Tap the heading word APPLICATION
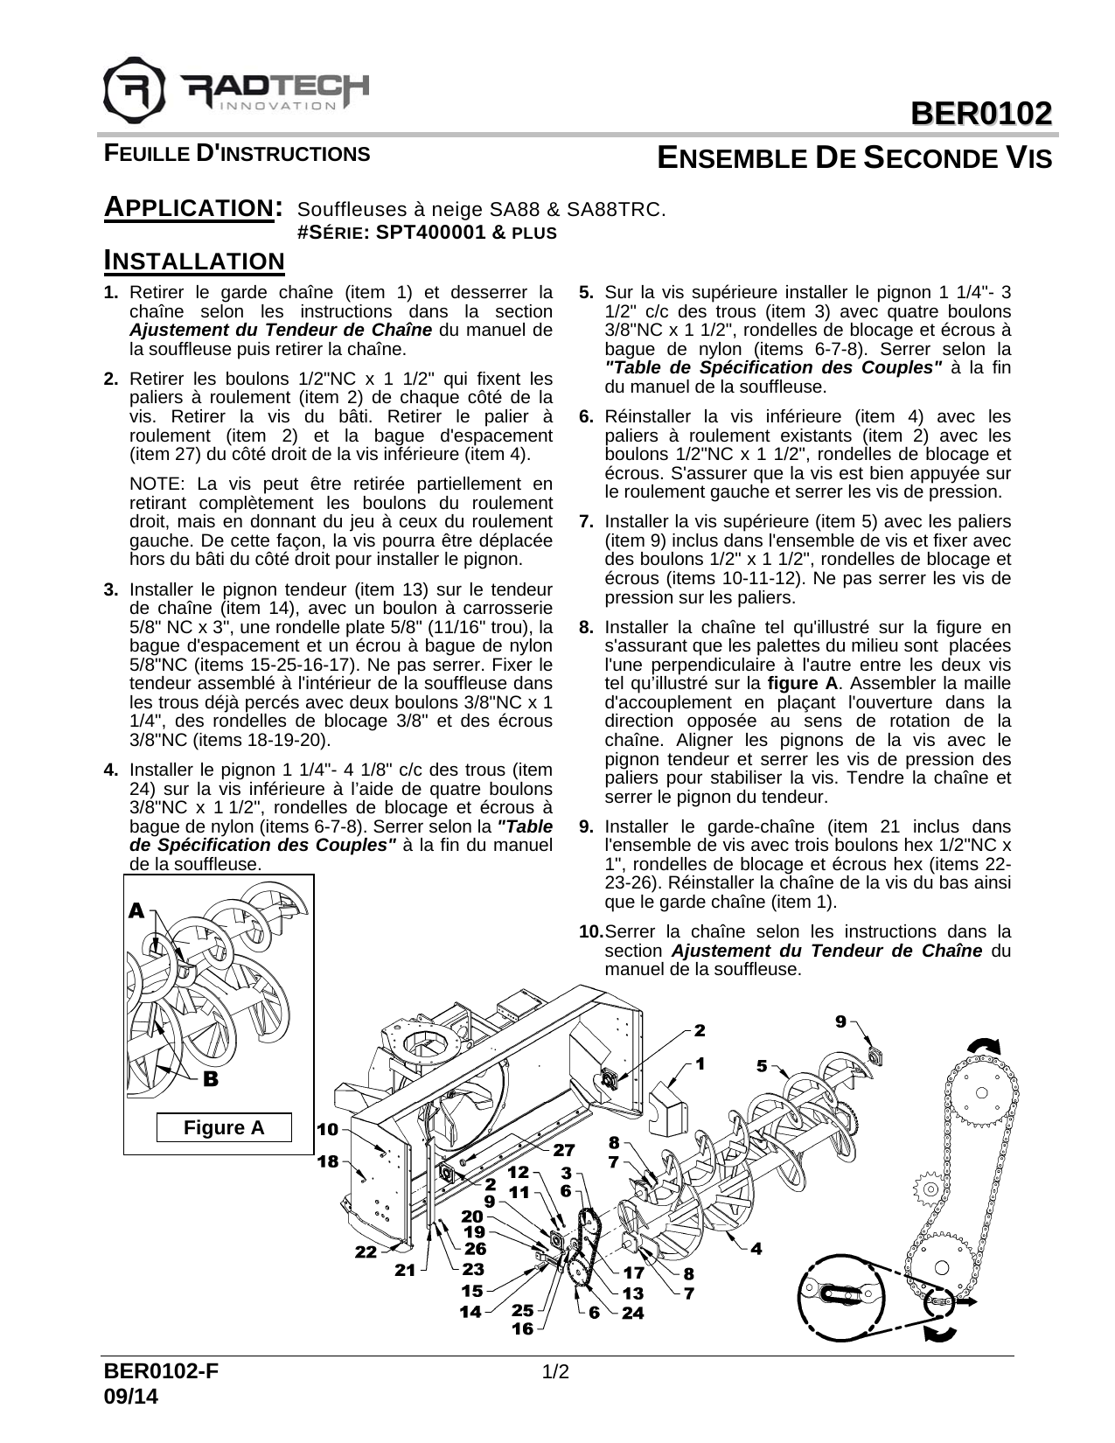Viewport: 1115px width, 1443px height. (x=192, y=209)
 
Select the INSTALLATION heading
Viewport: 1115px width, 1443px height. (x=194, y=261)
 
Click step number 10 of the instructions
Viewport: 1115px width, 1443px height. (x=590, y=931)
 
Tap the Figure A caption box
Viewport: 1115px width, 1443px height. (x=223, y=1128)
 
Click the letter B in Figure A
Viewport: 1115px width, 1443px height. (x=210, y=1079)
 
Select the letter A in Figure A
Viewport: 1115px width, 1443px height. (x=136, y=911)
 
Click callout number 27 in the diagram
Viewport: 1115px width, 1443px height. (x=563, y=1149)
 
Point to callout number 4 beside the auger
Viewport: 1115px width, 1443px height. (x=756, y=1248)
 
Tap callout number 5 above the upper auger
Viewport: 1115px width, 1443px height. (x=763, y=1066)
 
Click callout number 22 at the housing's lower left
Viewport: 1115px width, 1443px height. (x=366, y=1252)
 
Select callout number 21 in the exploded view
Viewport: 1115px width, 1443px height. (x=404, y=1271)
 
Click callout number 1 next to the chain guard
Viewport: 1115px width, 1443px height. (x=700, y=1063)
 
